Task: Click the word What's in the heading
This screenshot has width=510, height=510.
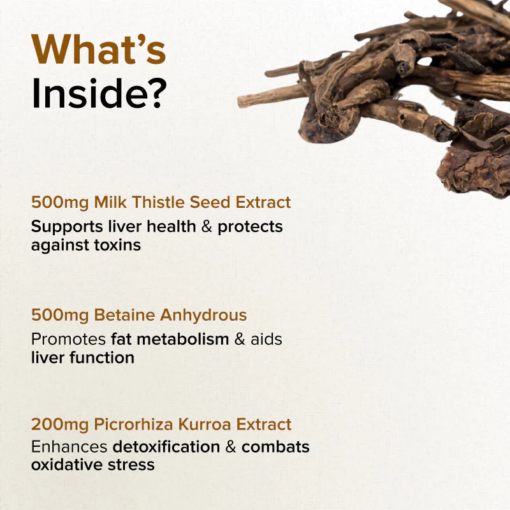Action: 99,49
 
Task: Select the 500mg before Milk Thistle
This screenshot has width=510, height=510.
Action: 60,203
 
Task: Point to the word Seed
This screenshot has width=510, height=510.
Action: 210,202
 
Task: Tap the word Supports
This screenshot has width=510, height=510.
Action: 67,228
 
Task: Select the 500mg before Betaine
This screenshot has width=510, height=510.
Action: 60,316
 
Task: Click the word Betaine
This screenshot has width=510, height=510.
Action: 124,315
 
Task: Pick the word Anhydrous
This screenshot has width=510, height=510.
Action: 203,316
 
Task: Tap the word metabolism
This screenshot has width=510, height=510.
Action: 183,339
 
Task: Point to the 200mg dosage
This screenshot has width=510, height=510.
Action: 60,425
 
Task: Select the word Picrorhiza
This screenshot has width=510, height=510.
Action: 134,425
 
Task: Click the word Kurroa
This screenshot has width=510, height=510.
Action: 205,425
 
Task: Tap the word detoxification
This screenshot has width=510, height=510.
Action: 166,447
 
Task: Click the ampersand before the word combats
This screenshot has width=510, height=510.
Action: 231,447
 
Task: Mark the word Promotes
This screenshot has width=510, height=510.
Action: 68,339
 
